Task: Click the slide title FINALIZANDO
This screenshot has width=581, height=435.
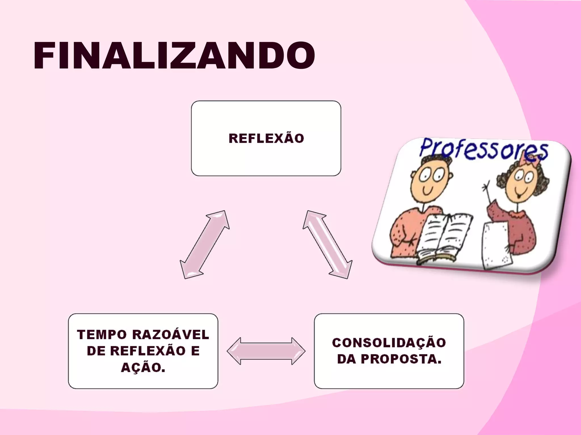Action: pos(174,56)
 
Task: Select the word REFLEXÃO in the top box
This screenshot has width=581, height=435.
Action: pos(266,138)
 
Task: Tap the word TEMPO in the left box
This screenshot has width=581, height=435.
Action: pos(102,335)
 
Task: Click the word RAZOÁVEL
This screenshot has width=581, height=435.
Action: pos(170,335)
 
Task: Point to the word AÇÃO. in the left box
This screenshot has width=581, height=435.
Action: pos(143,368)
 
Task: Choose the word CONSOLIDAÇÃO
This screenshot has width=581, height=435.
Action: pos(389,343)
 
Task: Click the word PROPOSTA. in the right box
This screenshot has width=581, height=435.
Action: pos(401,359)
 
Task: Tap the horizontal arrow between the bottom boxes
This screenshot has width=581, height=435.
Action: pos(266,351)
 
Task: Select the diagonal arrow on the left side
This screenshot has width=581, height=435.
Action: pos(205,244)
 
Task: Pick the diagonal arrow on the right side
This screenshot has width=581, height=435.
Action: pos(327,244)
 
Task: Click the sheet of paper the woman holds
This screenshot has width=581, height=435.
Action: pos(495,244)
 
